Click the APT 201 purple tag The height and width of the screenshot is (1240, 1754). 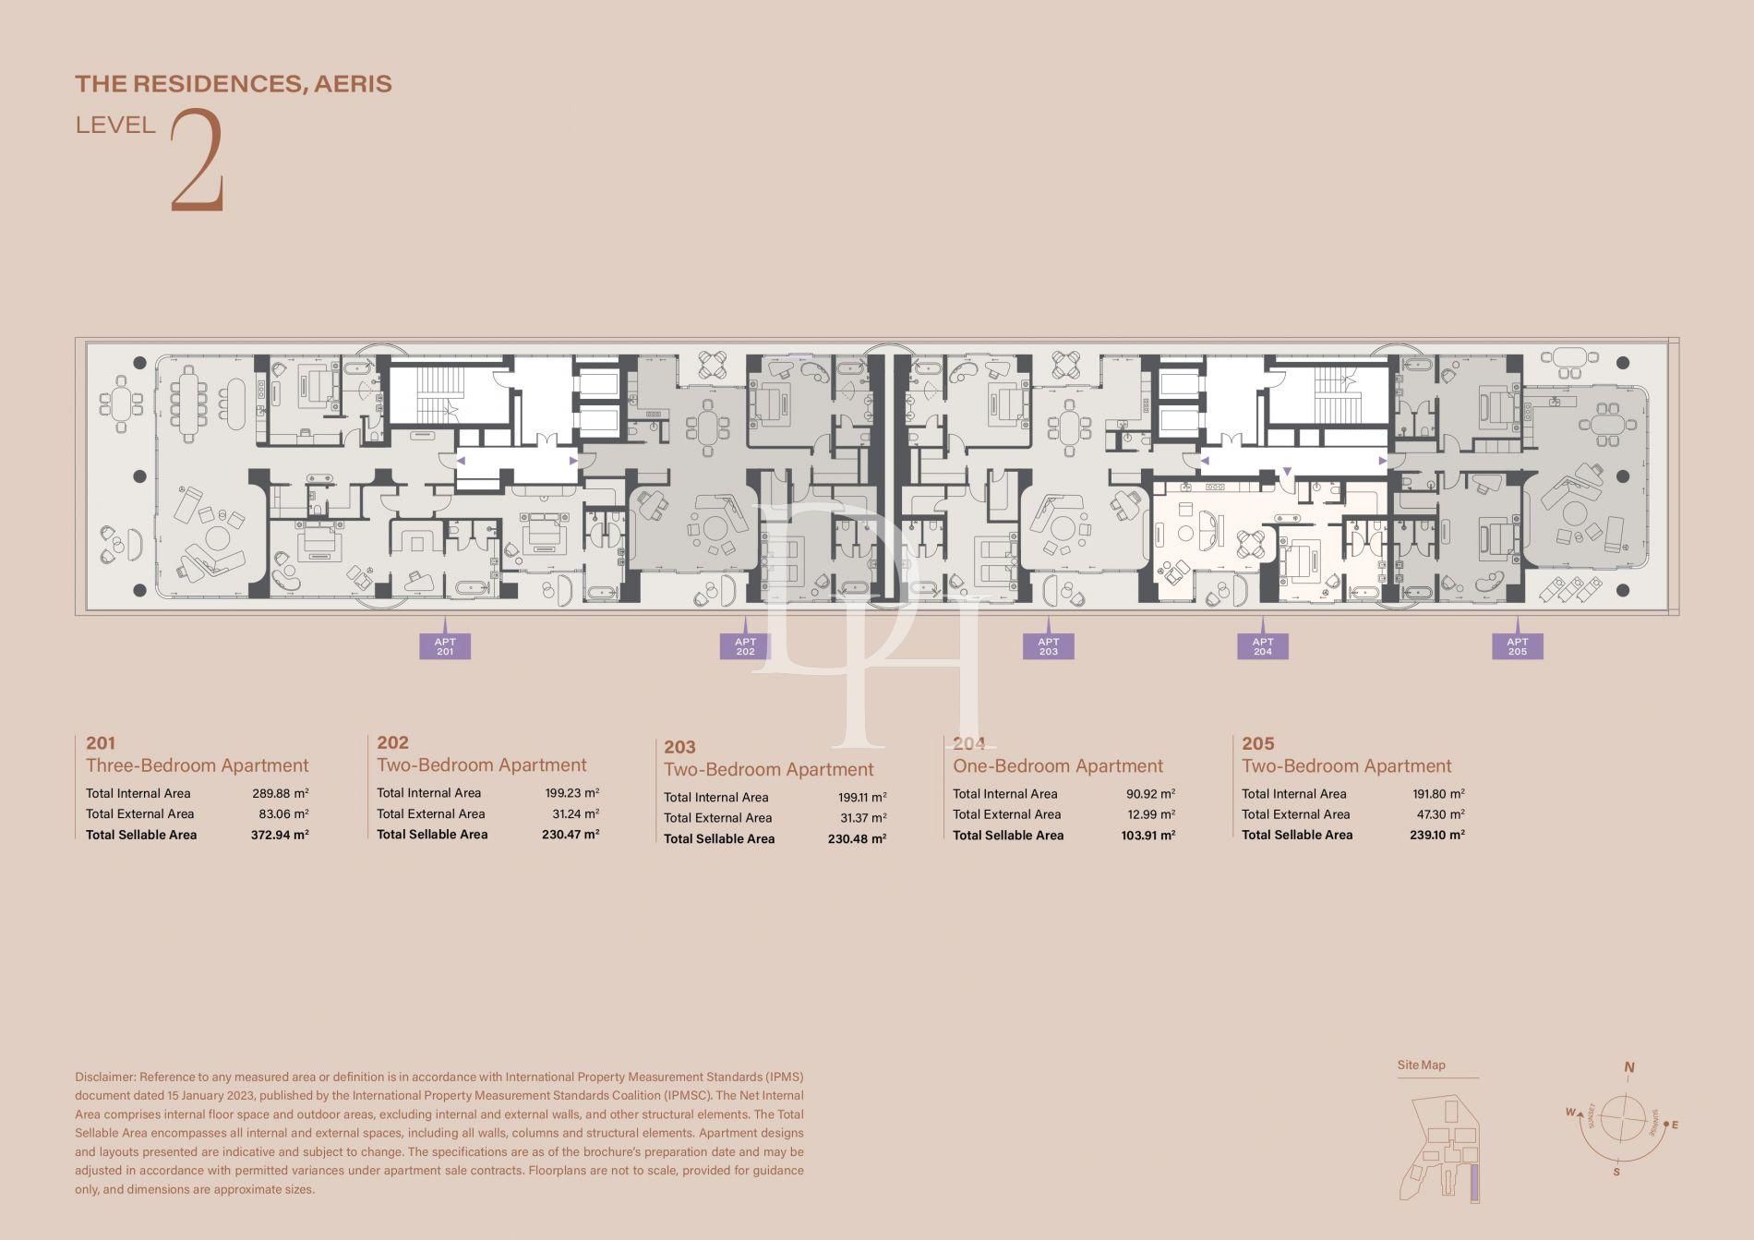coord(445,646)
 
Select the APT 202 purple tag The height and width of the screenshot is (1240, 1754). coord(745,646)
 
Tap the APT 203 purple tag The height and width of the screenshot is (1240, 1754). coord(1048,646)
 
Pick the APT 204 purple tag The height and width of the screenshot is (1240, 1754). coord(1262,646)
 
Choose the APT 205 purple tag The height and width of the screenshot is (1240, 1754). coord(1517,646)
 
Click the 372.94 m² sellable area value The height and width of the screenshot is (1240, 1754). coord(280,835)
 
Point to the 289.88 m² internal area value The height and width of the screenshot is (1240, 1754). coord(280,793)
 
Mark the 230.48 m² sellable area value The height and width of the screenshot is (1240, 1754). coord(857,839)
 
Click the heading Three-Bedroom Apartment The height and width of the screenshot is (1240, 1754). coord(197,765)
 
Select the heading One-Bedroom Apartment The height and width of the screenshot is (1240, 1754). coord(1057,766)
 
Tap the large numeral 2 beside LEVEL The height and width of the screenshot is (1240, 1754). coord(198,162)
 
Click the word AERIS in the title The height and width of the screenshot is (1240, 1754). coord(353,84)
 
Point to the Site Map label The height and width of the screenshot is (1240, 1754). coord(1421,1065)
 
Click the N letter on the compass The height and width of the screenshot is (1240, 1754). coord(1628,1067)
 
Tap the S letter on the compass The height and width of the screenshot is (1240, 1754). coord(1616,1173)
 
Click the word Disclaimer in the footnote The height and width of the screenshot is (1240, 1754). coord(104,1077)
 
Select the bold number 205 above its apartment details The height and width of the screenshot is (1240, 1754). coord(1257,743)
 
